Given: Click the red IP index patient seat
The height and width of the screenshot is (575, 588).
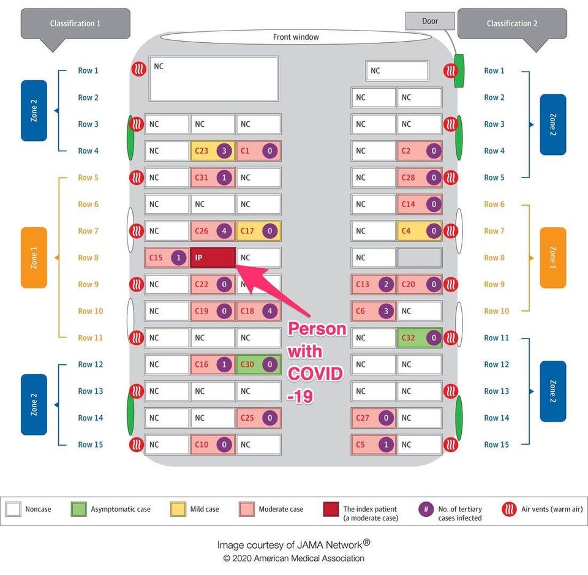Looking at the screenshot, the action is tap(213, 258).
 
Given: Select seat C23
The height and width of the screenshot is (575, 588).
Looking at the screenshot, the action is tap(213, 151).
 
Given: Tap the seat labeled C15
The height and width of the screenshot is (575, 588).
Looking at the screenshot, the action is tap(167, 258).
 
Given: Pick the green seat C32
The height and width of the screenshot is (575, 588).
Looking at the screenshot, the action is tap(419, 338).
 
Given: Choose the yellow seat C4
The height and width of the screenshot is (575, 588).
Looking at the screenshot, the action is tap(419, 231).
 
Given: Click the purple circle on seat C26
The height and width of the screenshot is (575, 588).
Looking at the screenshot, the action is tap(224, 231).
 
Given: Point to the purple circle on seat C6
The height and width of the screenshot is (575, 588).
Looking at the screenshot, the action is tap(386, 311).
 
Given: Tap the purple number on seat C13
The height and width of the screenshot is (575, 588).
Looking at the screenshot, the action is tap(386, 285).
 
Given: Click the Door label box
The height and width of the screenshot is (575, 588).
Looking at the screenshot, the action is tap(430, 21).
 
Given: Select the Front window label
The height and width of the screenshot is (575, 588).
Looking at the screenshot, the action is tap(296, 37).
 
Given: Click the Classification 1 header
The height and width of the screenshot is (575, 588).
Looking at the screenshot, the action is tap(75, 24).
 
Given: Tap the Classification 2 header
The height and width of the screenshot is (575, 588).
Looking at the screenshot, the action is tap(512, 24).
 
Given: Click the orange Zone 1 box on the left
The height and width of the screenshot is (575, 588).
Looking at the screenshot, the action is tap(34, 258).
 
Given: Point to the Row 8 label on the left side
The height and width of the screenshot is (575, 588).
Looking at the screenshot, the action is tap(88, 258).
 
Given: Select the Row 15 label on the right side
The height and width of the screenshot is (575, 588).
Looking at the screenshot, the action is tap(497, 445).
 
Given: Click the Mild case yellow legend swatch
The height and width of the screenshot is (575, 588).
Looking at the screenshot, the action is tap(178, 509).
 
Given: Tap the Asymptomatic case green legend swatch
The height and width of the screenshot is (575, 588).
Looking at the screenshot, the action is tap(79, 509).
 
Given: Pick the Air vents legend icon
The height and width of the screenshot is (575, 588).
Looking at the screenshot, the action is tap(509, 509).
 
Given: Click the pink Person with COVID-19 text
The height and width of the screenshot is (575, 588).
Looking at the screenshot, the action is tap(316, 363).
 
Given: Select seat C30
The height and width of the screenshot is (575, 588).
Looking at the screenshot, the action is tap(258, 364).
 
